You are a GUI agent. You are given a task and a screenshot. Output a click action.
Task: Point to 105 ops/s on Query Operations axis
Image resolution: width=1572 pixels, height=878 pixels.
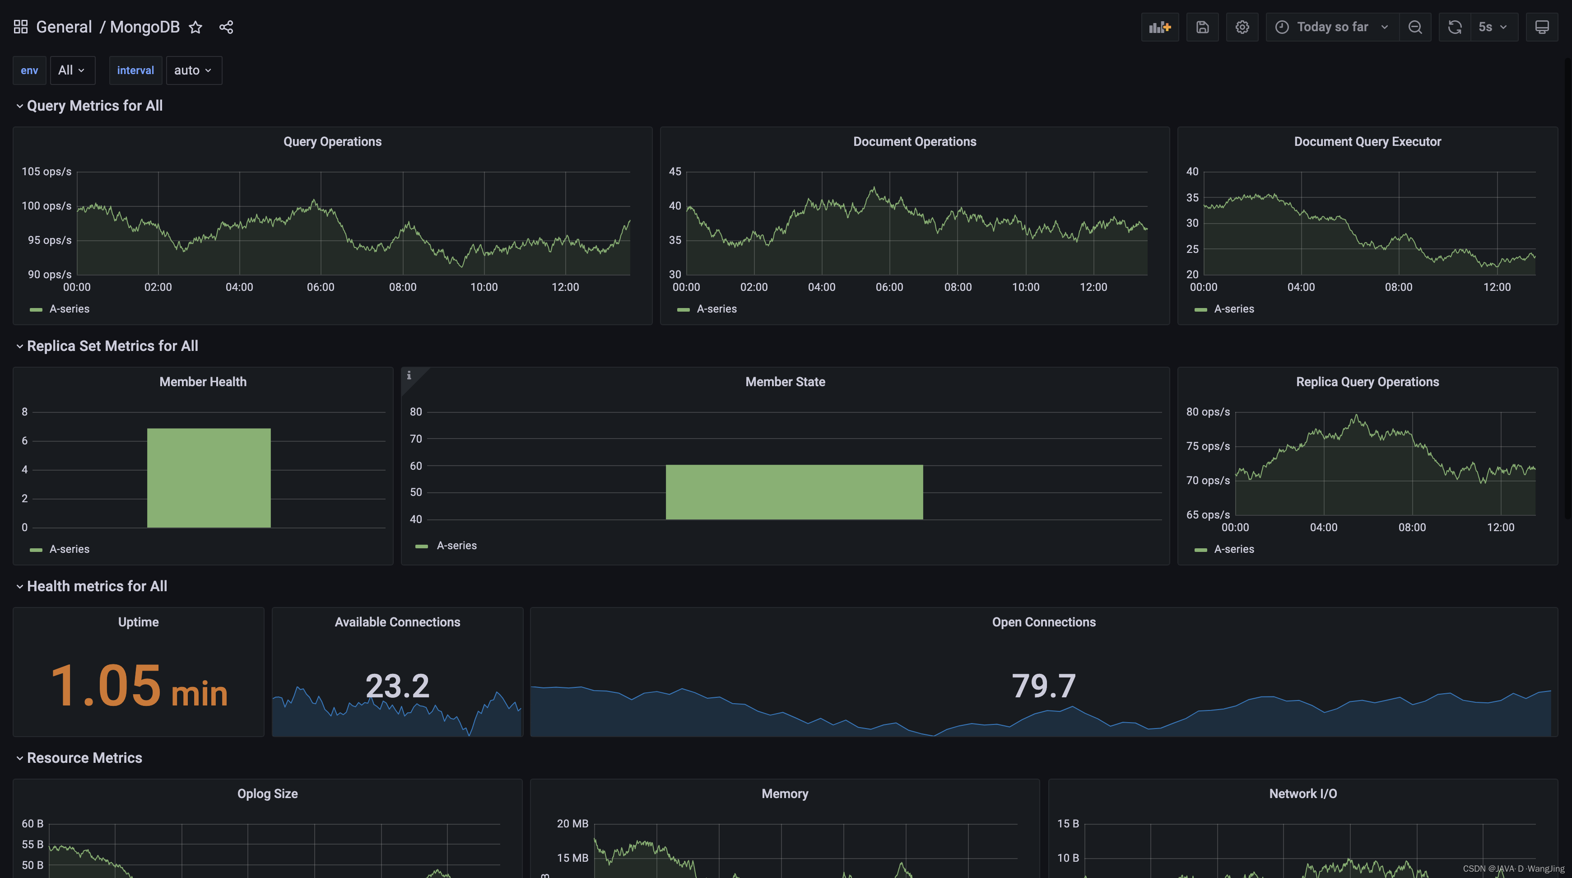coord(47,172)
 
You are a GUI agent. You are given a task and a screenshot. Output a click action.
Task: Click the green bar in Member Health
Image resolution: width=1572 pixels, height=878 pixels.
coord(209,477)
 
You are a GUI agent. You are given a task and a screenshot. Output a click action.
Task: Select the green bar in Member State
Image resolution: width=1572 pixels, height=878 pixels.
coord(794,492)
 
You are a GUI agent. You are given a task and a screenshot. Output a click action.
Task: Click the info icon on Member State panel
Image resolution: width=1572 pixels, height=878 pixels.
coord(409,375)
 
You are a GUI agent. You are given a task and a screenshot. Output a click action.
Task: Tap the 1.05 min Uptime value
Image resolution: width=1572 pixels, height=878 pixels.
coord(139,687)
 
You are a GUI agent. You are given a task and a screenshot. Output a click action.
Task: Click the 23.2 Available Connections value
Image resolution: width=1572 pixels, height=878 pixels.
coord(397,686)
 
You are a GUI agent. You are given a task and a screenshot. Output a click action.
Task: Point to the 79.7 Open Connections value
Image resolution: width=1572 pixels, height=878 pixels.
coord(1043,686)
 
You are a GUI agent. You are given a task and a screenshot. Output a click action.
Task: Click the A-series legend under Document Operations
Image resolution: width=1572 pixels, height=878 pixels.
coord(716,309)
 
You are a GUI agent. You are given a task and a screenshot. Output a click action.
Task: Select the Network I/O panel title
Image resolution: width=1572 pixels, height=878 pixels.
coord(1303,794)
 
